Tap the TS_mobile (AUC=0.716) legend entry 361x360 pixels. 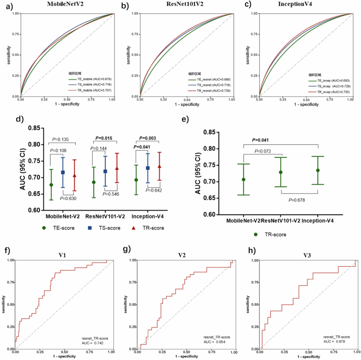coord(89,84)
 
